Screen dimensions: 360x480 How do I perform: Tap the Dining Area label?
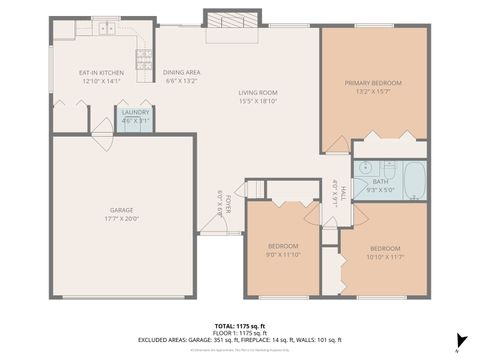click(x=182, y=73)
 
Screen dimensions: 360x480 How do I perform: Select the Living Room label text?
click(x=258, y=93)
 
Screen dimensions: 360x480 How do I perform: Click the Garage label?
click(x=121, y=211)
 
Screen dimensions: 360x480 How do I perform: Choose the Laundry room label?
click(x=135, y=113)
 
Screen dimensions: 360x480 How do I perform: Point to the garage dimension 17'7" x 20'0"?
click(x=121, y=219)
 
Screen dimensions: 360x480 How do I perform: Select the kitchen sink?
click(x=105, y=29)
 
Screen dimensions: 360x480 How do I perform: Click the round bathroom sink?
click(x=365, y=168)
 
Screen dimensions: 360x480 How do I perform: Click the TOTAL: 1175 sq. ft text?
click(x=240, y=326)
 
